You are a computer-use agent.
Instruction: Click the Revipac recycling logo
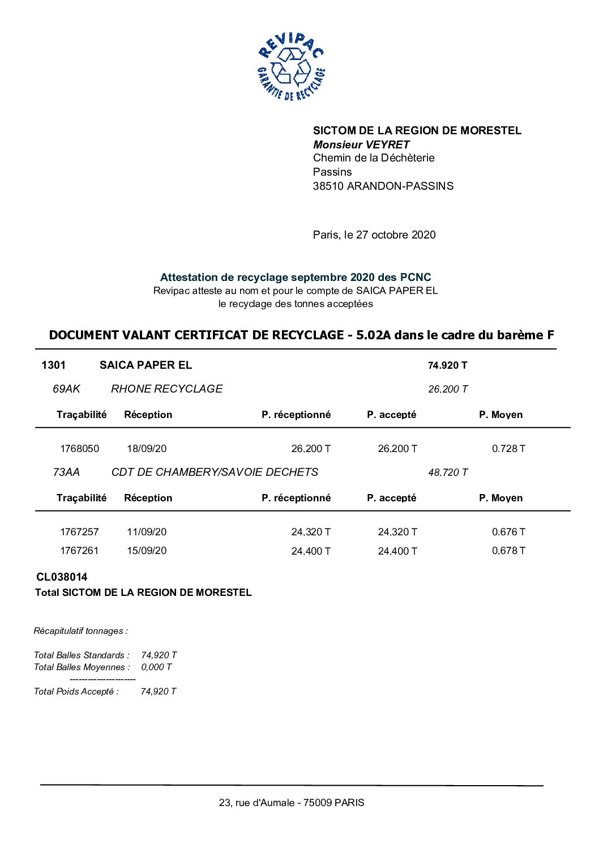pos(291,67)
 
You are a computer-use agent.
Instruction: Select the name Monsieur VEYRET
pos(361,144)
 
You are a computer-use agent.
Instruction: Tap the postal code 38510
pos(328,186)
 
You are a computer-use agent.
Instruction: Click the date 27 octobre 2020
pos(396,235)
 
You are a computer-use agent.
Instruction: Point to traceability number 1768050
pos(79,449)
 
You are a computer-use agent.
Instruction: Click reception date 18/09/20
pos(147,449)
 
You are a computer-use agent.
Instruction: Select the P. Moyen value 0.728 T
pos(508,449)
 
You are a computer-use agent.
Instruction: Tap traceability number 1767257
pos(79,532)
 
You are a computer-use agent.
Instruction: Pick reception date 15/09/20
pos(147,551)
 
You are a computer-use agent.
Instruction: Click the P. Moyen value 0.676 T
pos(508,532)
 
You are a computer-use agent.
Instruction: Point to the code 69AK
pos(66,389)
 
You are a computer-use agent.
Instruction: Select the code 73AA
pos(66,472)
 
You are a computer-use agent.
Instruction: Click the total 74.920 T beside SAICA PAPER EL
pos(447,365)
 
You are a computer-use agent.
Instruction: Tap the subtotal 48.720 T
pos(448,472)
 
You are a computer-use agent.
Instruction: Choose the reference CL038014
pos(62,577)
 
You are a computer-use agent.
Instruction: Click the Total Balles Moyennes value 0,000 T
pos(156,667)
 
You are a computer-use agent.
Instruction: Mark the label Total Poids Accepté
pos(76,691)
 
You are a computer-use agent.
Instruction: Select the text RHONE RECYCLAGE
pos(166,389)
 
